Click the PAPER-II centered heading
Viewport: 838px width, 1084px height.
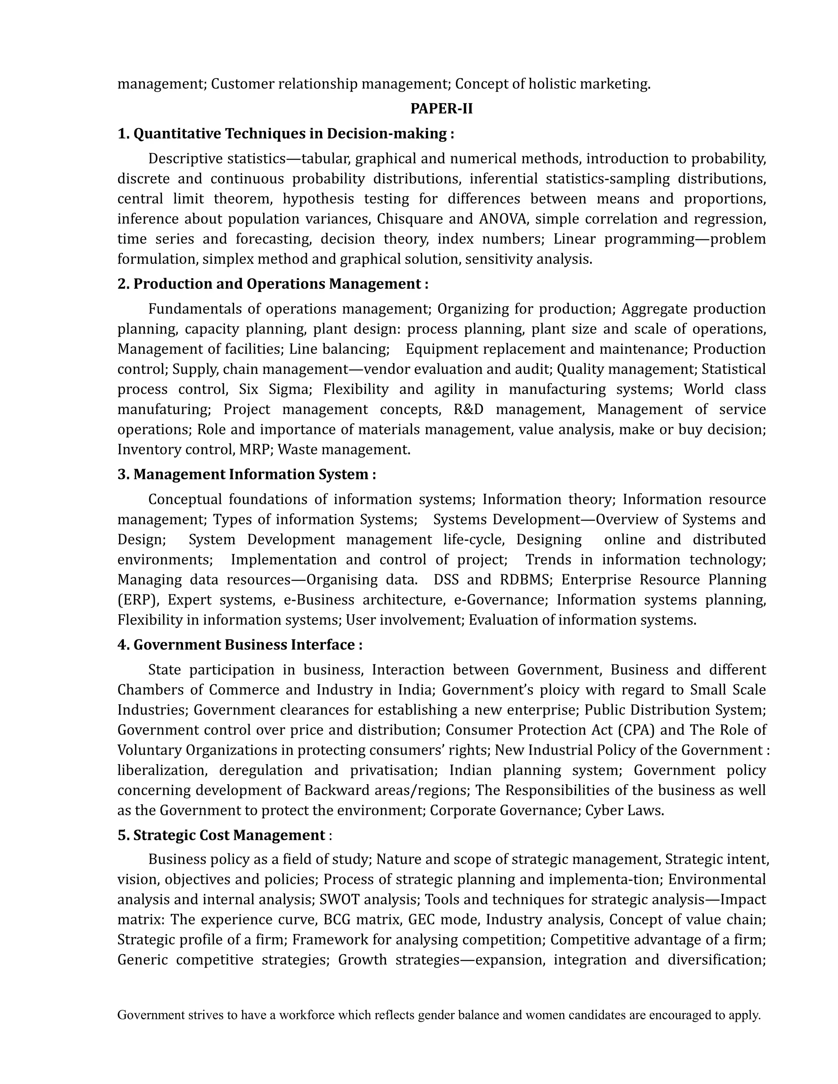[x=442, y=109]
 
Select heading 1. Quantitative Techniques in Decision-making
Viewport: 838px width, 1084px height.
[x=286, y=133]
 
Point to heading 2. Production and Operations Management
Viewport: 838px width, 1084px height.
[x=273, y=284]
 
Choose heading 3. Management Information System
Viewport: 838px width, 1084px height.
[x=246, y=475]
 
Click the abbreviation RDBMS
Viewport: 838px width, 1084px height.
[x=526, y=580]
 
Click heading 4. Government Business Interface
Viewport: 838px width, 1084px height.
[x=240, y=645]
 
